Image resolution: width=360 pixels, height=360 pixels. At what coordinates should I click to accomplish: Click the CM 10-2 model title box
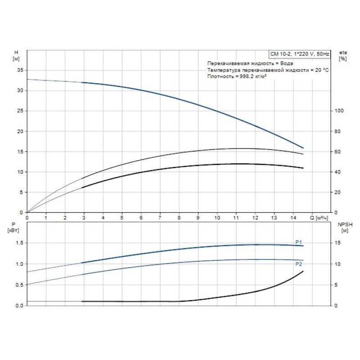coord(300,54)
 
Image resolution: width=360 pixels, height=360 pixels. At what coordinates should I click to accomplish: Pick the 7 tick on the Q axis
coord(160,218)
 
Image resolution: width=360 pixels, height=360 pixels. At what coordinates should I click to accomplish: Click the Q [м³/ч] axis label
coord(319,218)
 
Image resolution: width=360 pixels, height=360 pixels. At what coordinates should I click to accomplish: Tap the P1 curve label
coord(298,243)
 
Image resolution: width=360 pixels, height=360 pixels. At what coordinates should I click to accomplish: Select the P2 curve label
coord(298,264)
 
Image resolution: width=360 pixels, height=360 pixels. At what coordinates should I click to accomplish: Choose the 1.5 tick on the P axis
coord(19,243)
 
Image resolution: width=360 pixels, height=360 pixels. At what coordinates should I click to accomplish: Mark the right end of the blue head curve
coord(303,148)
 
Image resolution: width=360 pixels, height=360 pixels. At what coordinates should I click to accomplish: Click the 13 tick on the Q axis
coord(274,218)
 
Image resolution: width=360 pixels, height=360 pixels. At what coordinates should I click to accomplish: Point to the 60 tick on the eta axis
coord(338,152)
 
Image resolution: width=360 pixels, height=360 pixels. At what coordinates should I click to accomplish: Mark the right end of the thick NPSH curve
coord(303,271)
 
